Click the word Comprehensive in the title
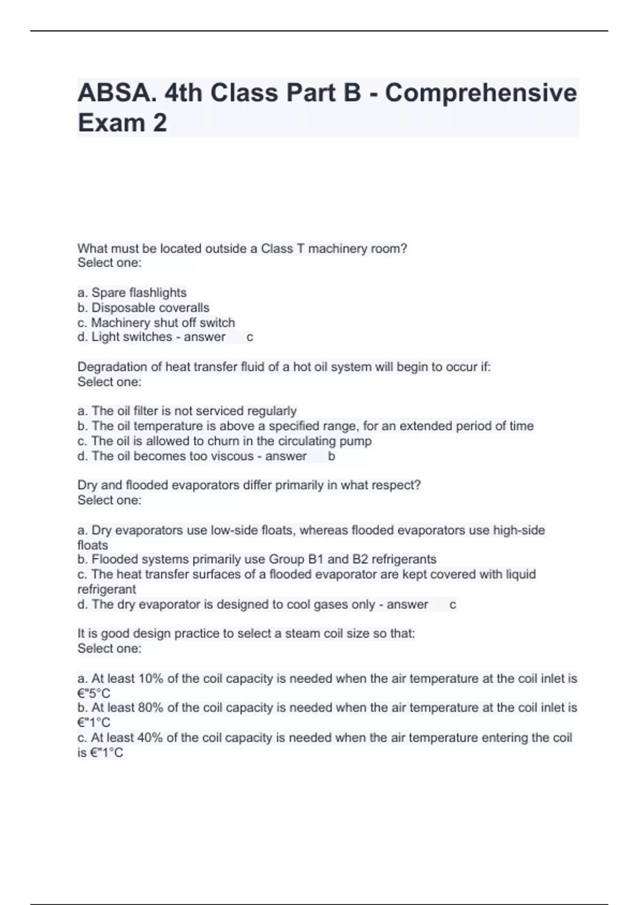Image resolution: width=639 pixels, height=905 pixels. (x=481, y=94)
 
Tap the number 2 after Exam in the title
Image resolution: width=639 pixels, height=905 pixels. (x=159, y=123)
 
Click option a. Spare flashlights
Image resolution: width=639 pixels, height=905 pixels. (x=132, y=293)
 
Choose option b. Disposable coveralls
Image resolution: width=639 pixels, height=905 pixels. (x=143, y=308)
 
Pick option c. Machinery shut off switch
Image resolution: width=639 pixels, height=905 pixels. (x=156, y=323)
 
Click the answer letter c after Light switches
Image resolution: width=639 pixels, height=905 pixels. (x=250, y=337)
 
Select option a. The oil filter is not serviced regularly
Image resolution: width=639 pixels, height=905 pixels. (x=187, y=411)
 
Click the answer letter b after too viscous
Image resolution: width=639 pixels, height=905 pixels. (x=331, y=456)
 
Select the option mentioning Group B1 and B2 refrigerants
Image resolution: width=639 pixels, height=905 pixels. (x=257, y=560)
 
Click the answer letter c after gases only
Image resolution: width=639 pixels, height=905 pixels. (x=453, y=605)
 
